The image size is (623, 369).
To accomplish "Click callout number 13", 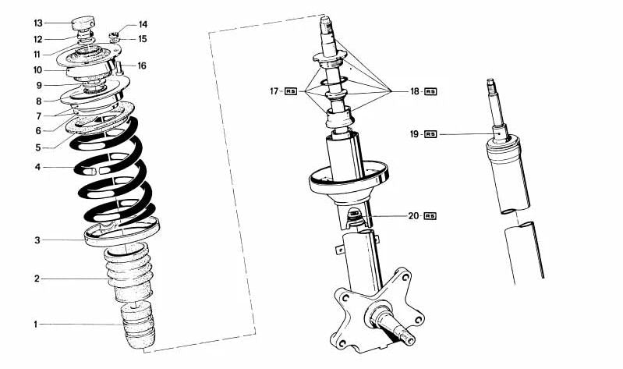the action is pyautogui.click(x=38, y=23).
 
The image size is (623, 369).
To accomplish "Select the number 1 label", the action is pyautogui.click(x=35, y=325).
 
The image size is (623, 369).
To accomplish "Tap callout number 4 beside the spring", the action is pyautogui.click(x=37, y=168).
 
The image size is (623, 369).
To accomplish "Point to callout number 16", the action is pyautogui.click(x=142, y=66).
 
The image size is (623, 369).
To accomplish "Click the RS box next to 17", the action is pyautogui.click(x=291, y=91).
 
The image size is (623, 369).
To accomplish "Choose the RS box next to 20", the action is pyautogui.click(x=430, y=216).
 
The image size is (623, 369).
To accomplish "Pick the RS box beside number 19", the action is pyautogui.click(x=430, y=134).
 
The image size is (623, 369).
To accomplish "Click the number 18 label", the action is pyautogui.click(x=415, y=91).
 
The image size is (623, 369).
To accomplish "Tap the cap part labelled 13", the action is pyautogui.click(x=83, y=23).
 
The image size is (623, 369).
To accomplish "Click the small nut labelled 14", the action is pyautogui.click(x=115, y=36).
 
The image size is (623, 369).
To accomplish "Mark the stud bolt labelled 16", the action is pyautogui.click(x=119, y=67).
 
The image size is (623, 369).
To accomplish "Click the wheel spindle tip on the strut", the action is pyautogui.click(x=409, y=339).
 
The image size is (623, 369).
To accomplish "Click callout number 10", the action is pyautogui.click(x=37, y=70).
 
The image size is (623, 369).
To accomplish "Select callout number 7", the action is pyautogui.click(x=38, y=116).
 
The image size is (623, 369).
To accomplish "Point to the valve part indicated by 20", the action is pyautogui.click(x=355, y=216).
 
